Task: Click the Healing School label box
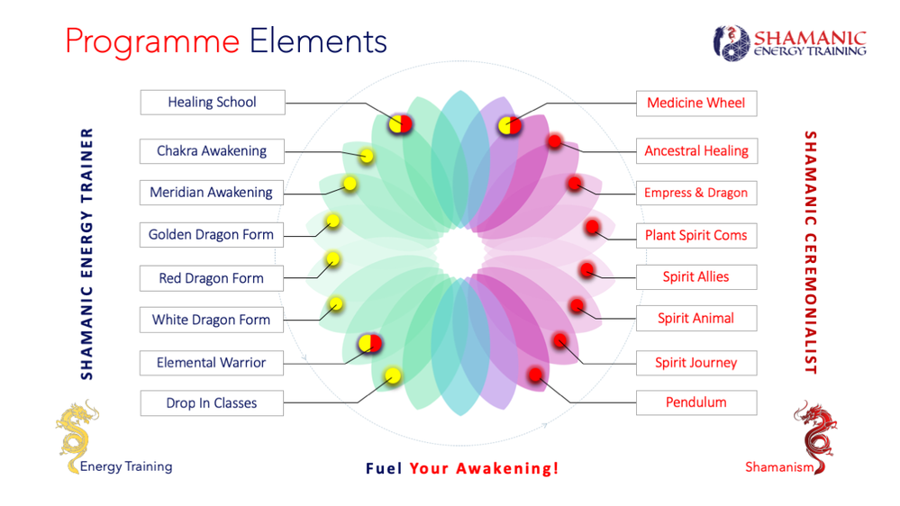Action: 213,102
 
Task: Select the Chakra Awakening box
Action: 212,150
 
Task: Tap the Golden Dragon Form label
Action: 211,234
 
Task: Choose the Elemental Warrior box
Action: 211,362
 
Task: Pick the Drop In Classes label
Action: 211,402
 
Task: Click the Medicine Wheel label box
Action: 695,103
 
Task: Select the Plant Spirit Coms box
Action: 695,235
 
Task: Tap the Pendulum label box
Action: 695,402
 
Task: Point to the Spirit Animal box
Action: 695,318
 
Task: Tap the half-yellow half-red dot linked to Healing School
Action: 401,124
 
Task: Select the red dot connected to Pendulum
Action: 536,375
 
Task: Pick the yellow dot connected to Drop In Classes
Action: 393,375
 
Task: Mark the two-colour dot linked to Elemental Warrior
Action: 370,342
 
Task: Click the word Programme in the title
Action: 152,41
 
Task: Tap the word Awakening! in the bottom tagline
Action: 507,468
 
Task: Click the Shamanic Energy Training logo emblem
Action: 731,42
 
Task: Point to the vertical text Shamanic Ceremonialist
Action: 810,252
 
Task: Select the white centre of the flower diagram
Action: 459,252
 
